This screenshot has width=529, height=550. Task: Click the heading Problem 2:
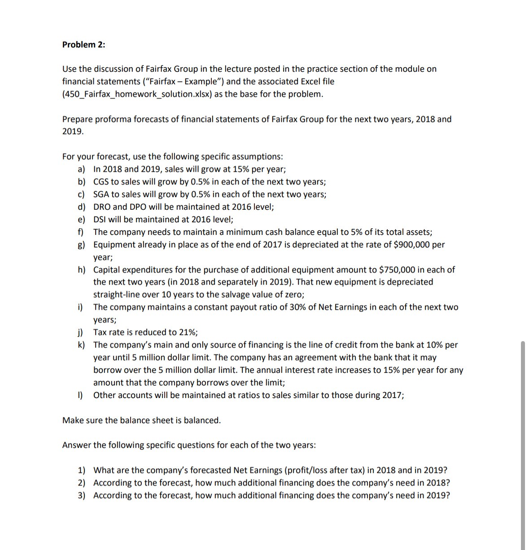84,44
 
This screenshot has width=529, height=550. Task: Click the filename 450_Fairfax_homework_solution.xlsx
137,94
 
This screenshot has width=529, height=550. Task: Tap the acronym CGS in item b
101,182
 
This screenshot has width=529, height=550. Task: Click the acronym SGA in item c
101,195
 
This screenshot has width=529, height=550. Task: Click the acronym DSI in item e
100,220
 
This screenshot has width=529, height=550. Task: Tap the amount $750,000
397,270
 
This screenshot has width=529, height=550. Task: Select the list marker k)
81,345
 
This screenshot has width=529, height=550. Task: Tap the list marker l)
80,395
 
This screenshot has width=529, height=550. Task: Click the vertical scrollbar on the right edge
522,444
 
